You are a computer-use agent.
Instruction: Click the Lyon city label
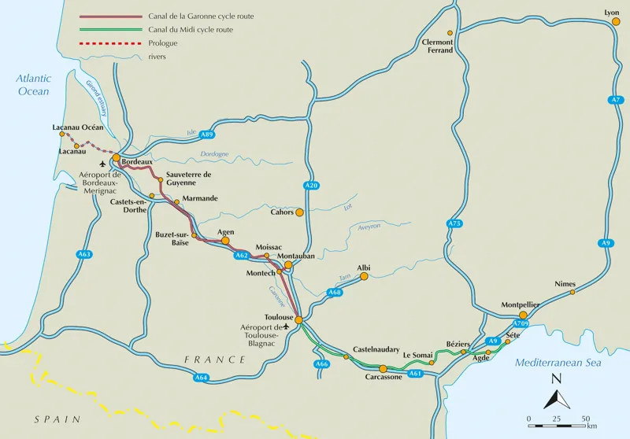(x=612, y=13)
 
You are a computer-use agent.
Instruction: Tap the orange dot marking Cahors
(x=299, y=212)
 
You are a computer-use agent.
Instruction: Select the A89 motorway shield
(x=206, y=134)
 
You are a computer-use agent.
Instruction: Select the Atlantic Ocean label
(x=34, y=85)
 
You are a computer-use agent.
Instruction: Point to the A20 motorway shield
(x=311, y=185)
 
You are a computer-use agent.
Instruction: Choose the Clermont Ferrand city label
(x=438, y=46)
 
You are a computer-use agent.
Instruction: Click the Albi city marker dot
(x=355, y=277)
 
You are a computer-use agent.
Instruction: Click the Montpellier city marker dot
(x=523, y=315)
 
